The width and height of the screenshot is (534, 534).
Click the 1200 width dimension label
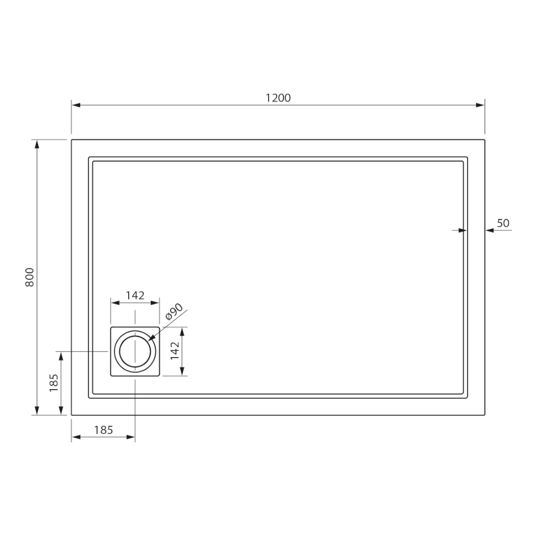(278, 98)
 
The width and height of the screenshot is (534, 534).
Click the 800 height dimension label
(30, 277)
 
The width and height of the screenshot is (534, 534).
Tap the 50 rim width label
(503, 223)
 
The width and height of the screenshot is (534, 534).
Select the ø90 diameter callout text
(174, 312)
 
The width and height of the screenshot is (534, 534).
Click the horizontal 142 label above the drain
(136, 295)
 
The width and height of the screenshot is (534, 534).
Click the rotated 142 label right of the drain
(175, 351)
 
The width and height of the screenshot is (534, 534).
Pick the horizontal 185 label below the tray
(103, 430)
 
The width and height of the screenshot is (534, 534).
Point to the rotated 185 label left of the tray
(54, 383)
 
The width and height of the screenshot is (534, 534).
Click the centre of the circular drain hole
(135, 352)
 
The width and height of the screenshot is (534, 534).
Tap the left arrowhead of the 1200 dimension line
(75, 105)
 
